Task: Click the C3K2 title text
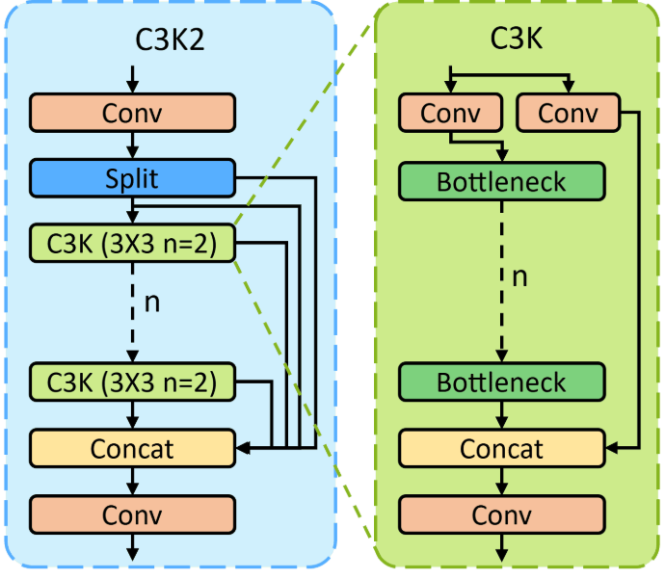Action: click(170, 41)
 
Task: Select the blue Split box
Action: click(132, 178)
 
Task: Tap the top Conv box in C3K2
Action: click(132, 113)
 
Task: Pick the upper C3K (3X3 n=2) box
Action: click(132, 244)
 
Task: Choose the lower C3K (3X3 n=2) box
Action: click(132, 382)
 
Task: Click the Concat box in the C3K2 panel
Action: click(132, 448)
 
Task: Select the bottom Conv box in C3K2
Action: click(132, 513)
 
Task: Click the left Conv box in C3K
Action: click(450, 114)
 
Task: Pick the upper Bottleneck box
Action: click(501, 181)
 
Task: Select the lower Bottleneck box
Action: click(501, 382)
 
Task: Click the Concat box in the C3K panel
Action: click(501, 448)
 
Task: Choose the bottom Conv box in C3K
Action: click(501, 513)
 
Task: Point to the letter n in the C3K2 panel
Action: click(151, 302)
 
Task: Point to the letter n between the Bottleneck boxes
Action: click(519, 278)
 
